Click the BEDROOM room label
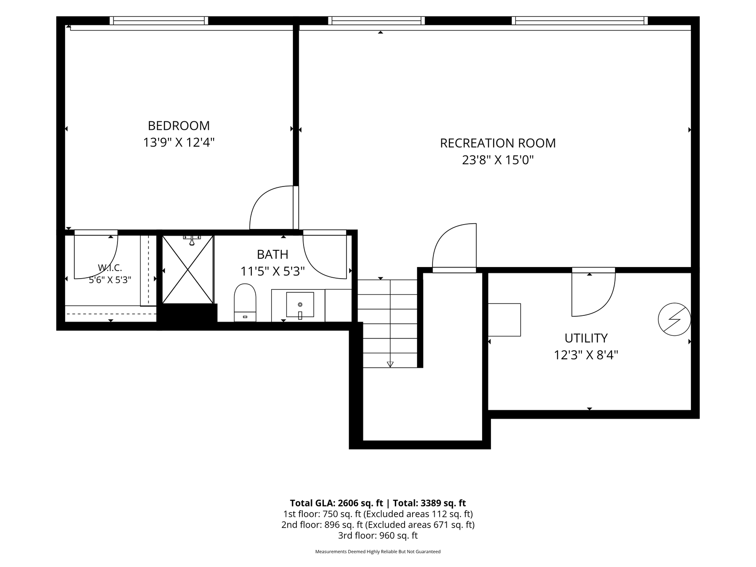coord(179,126)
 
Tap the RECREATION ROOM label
coord(498,143)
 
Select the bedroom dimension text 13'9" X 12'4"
coord(179,143)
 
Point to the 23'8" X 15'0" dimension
coord(498,160)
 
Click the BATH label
coord(273,254)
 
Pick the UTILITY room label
coord(586,338)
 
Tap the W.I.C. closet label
coord(110,268)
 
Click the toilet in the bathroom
coord(245,303)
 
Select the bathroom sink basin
coord(300,304)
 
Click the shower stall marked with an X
coord(188,269)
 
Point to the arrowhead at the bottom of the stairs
coord(390,365)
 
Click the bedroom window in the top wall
coord(159,20)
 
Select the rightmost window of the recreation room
coord(580,20)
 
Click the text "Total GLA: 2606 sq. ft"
coord(336,503)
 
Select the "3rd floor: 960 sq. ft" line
coord(378,536)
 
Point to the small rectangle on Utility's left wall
coord(504,320)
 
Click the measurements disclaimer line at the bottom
coord(378,552)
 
